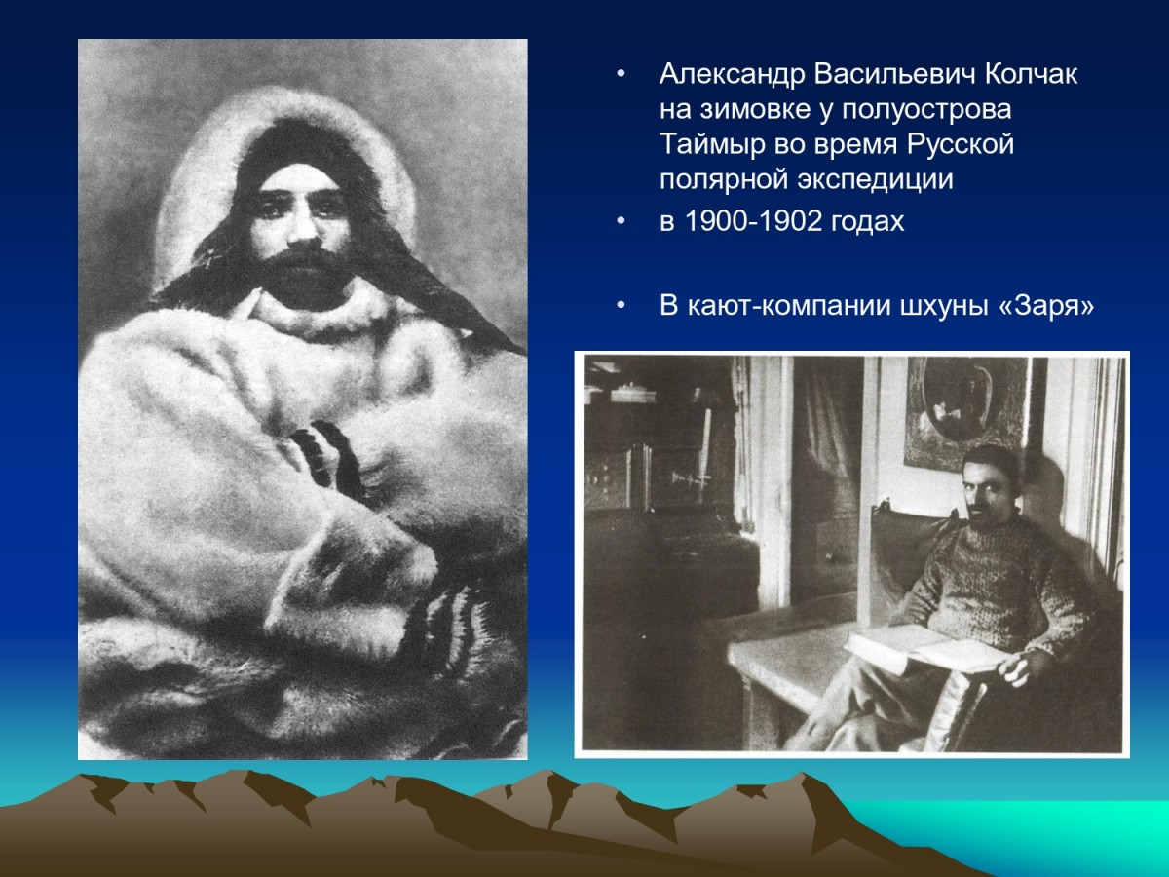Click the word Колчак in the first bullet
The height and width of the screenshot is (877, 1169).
coord(1031,75)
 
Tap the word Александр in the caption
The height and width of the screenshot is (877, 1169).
coord(732,75)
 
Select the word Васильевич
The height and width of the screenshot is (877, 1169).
coord(894,75)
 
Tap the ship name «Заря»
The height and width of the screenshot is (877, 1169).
coord(1047,306)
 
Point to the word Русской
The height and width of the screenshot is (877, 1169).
coord(961,145)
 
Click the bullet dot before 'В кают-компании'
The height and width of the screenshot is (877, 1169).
coord(621,306)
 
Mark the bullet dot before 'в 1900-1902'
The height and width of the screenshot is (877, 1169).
coord(621,220)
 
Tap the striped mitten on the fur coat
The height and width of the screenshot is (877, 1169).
coord(327,458)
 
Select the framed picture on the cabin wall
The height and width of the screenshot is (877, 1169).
coord(966,413)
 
